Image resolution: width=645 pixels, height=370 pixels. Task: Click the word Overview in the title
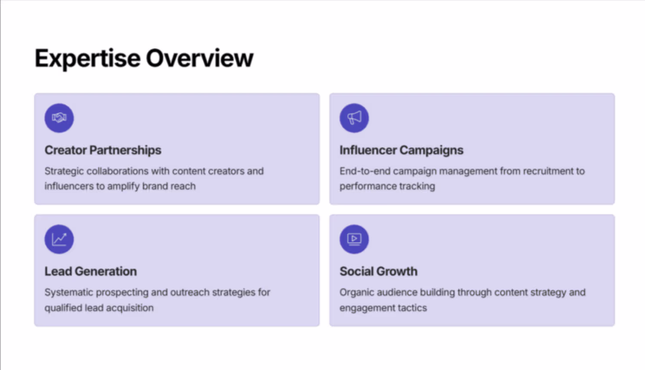pyautogui.click(x=200, y=58)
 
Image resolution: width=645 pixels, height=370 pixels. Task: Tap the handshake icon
pyautogui.click(x=59, y=118)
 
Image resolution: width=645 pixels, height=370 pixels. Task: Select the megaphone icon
pyautogui.click(x=354, y=118)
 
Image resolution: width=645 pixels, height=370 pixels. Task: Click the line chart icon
pyautogui.click(x=59, y=239)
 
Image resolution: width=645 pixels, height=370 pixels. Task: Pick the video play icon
pyautogui.click(x=354, y=239)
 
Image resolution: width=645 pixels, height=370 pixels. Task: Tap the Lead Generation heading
pyautogui.click(x=91, y=271)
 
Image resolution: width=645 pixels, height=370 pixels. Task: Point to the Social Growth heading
pyautogui.click(x=378, y=271)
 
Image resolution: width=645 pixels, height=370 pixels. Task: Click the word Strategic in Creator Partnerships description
pyautogui.click(x=64, y=172)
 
